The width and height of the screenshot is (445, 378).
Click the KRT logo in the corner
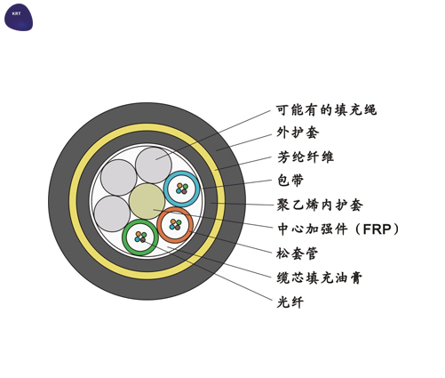click(x=19, y=17)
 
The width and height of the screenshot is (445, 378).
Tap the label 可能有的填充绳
click(x=326, y=109)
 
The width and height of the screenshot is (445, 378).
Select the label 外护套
click(x=298, y=133)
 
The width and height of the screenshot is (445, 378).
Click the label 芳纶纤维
click(x=306, y=157)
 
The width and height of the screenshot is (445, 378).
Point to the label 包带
click(x=290, y=181)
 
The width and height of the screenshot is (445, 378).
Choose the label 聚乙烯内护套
click(x=320, y=205)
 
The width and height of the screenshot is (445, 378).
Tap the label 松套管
click(x=298, y=253)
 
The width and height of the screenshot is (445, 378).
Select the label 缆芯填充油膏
click(x=320, y=278)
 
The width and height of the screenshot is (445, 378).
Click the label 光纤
click(x=290, y=302)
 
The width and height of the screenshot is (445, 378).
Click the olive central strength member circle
click(x=147, y=201)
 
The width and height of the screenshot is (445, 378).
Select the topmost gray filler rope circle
click(x=154, y=165)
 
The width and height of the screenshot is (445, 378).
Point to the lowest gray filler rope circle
click(x=112, y=213)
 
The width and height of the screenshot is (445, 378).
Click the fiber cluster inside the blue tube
click(x=182, y=189)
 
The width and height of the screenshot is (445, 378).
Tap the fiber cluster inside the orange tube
click(x=175, y=225)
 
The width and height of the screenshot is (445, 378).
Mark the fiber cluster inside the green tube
click(x=140, y=237)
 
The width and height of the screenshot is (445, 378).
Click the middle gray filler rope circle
click(x=118, y=178)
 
